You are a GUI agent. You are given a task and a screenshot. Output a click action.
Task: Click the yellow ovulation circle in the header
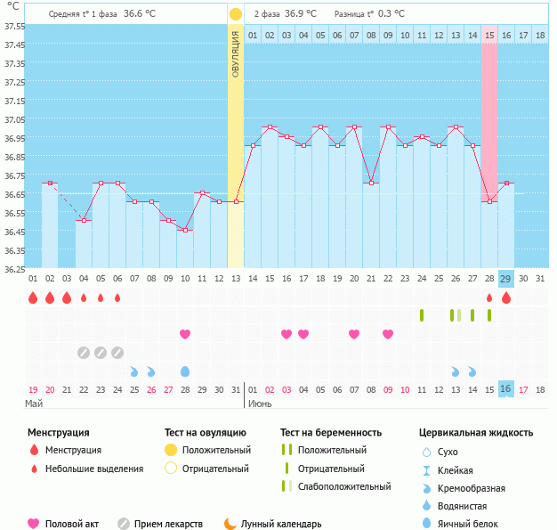coord(236,14)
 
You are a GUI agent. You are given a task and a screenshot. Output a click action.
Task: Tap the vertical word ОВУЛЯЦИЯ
coord(236,53)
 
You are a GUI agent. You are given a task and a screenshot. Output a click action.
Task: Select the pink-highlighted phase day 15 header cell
coord(489,35)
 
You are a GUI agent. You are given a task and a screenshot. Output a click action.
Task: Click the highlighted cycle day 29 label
coord(505,279)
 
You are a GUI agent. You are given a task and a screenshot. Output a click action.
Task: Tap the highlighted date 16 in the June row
coord(505,389)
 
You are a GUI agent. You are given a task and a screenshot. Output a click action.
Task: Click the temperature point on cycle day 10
coord(185,231)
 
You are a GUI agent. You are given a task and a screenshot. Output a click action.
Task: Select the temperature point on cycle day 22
coord(388,127)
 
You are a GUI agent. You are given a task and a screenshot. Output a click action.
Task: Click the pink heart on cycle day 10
coord(185,334)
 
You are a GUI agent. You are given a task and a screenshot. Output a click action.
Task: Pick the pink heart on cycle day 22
coord(388,334)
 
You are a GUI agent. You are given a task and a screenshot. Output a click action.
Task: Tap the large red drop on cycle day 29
coord(506,298)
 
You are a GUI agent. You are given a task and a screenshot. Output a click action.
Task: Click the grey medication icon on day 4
coord(84,352)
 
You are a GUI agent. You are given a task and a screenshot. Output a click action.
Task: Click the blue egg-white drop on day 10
coord(185,371)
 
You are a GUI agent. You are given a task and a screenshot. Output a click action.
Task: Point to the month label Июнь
coord(260,404)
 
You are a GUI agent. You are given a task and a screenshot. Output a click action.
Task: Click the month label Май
coord(34,404)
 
